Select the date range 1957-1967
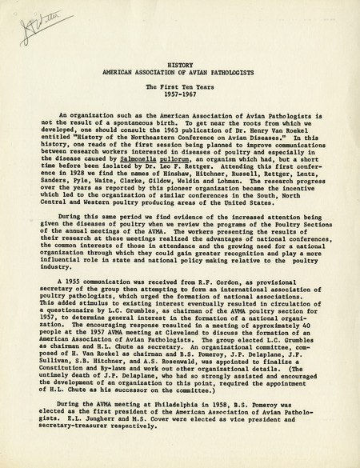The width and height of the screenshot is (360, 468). tap(179, 91)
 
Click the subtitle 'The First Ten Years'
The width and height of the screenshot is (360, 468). tap(179, 82)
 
